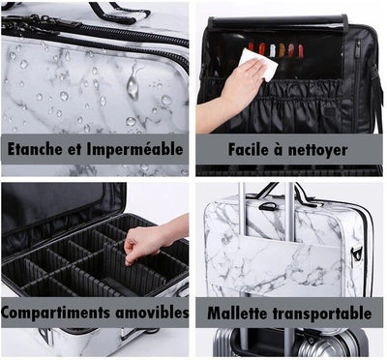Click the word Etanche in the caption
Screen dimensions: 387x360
tap(35, 149)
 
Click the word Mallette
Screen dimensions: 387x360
tap(237, 313)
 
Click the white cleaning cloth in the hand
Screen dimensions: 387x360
tap(258, 64)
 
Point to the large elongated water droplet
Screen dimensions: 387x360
tap(134, 82)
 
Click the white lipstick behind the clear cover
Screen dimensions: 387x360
tap(273, 50)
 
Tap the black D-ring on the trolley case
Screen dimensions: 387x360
tap(267, 206)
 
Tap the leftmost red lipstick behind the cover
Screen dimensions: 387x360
tap(252, 47)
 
